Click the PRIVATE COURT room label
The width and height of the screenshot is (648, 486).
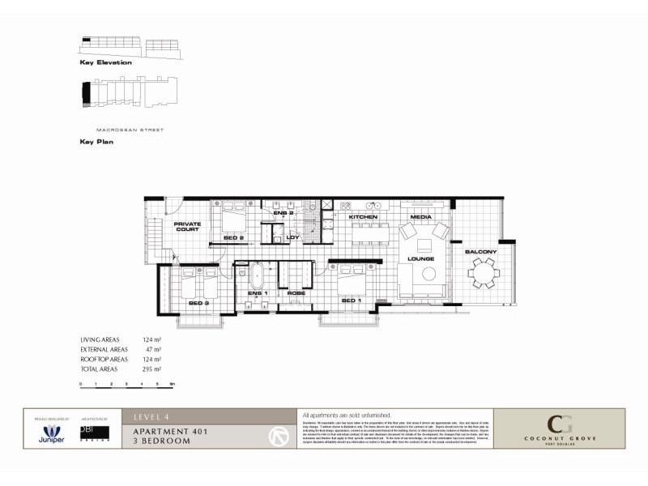(187, 226)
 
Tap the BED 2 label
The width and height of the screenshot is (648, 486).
(234, 238)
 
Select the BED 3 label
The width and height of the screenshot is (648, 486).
(198, 303)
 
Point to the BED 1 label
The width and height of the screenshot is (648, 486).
(351, 301)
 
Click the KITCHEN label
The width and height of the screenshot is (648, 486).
(364, 218)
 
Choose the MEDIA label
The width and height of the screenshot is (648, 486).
(420, 218)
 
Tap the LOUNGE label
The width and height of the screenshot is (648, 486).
(421, 258)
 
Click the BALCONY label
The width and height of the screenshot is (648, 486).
(480, 252)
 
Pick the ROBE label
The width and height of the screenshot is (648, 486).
(296, 292)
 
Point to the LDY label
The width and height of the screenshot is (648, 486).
(293, 237)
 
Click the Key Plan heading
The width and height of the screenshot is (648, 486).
(96, 141)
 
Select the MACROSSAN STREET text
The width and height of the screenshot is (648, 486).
(130, 129)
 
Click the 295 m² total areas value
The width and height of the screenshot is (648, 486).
(152, 369)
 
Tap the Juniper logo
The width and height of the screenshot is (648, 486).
(53, 433)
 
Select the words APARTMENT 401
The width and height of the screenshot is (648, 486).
(170, 432)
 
